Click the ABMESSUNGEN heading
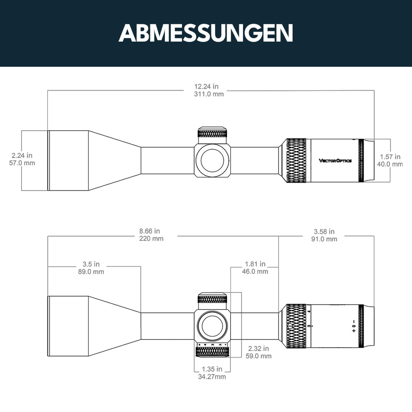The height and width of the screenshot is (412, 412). [x=206, y=33]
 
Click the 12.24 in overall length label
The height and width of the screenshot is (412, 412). [x=206, y=87]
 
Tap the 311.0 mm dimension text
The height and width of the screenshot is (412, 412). [x=209, y=94]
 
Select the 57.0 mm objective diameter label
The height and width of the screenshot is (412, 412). [x=22, y=163]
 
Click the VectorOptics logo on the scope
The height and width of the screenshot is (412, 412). [x=335, y=161]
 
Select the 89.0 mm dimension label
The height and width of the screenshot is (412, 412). [x=91, y=272]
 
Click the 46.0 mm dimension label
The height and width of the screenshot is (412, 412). [x=256, y=272]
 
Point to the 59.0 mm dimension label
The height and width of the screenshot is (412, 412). [x=258, y=356]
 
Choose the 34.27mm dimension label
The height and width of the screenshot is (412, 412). [x=211, y=377]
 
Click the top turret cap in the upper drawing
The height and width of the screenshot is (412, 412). [x=213, y=133]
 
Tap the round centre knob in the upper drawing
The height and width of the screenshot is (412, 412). [x=213, y=160]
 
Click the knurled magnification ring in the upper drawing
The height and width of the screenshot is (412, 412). [x=296, y=161]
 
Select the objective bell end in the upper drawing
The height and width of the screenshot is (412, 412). [x=68, y=161]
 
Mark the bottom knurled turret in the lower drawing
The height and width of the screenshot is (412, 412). [x=213, y=351]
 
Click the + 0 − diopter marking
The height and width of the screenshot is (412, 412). [x=353, y=325]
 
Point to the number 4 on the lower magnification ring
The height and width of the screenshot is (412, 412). [x=309, y=312]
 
